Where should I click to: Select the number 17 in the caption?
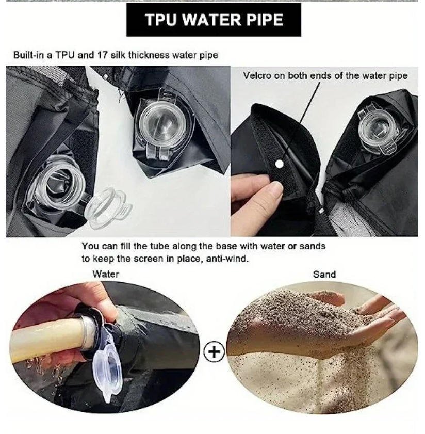102,55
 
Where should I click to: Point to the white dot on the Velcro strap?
280,165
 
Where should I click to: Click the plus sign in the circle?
214,352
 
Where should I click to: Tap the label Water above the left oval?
106,274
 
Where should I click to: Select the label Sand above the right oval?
324,275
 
